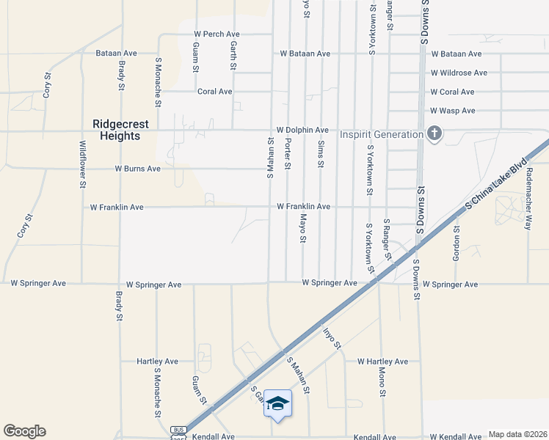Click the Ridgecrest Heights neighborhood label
[x=117, y=130]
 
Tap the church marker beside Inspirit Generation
[x=435, y=134]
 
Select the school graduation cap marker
[x=278, y=403]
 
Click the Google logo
[x=24, y=431]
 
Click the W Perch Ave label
[x=217, y=34]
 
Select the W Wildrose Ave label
[x=459, y=73]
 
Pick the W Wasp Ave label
[x=453, y=111]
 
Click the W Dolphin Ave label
[x=302, y=130]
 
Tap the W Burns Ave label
[x=137, y=169]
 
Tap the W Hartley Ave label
[x=382, y=362]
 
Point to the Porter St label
[x=288, y=153]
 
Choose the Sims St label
[x=321, y=153]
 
